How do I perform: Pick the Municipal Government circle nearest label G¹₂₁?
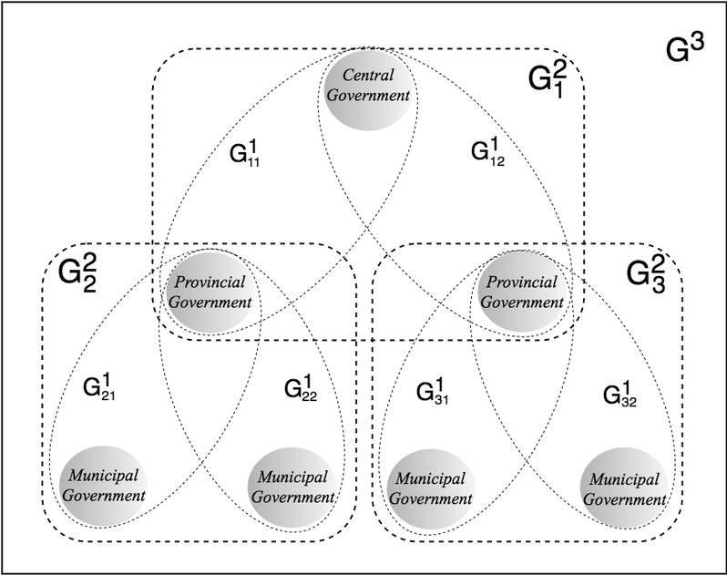click(x=105, y=486)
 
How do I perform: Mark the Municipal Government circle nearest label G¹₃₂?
click(x=624, y=486)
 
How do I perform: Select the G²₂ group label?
click(x=77, y=272)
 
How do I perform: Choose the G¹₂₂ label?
click(x=302, y=392)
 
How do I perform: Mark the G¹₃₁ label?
click(x=435, y=393)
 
